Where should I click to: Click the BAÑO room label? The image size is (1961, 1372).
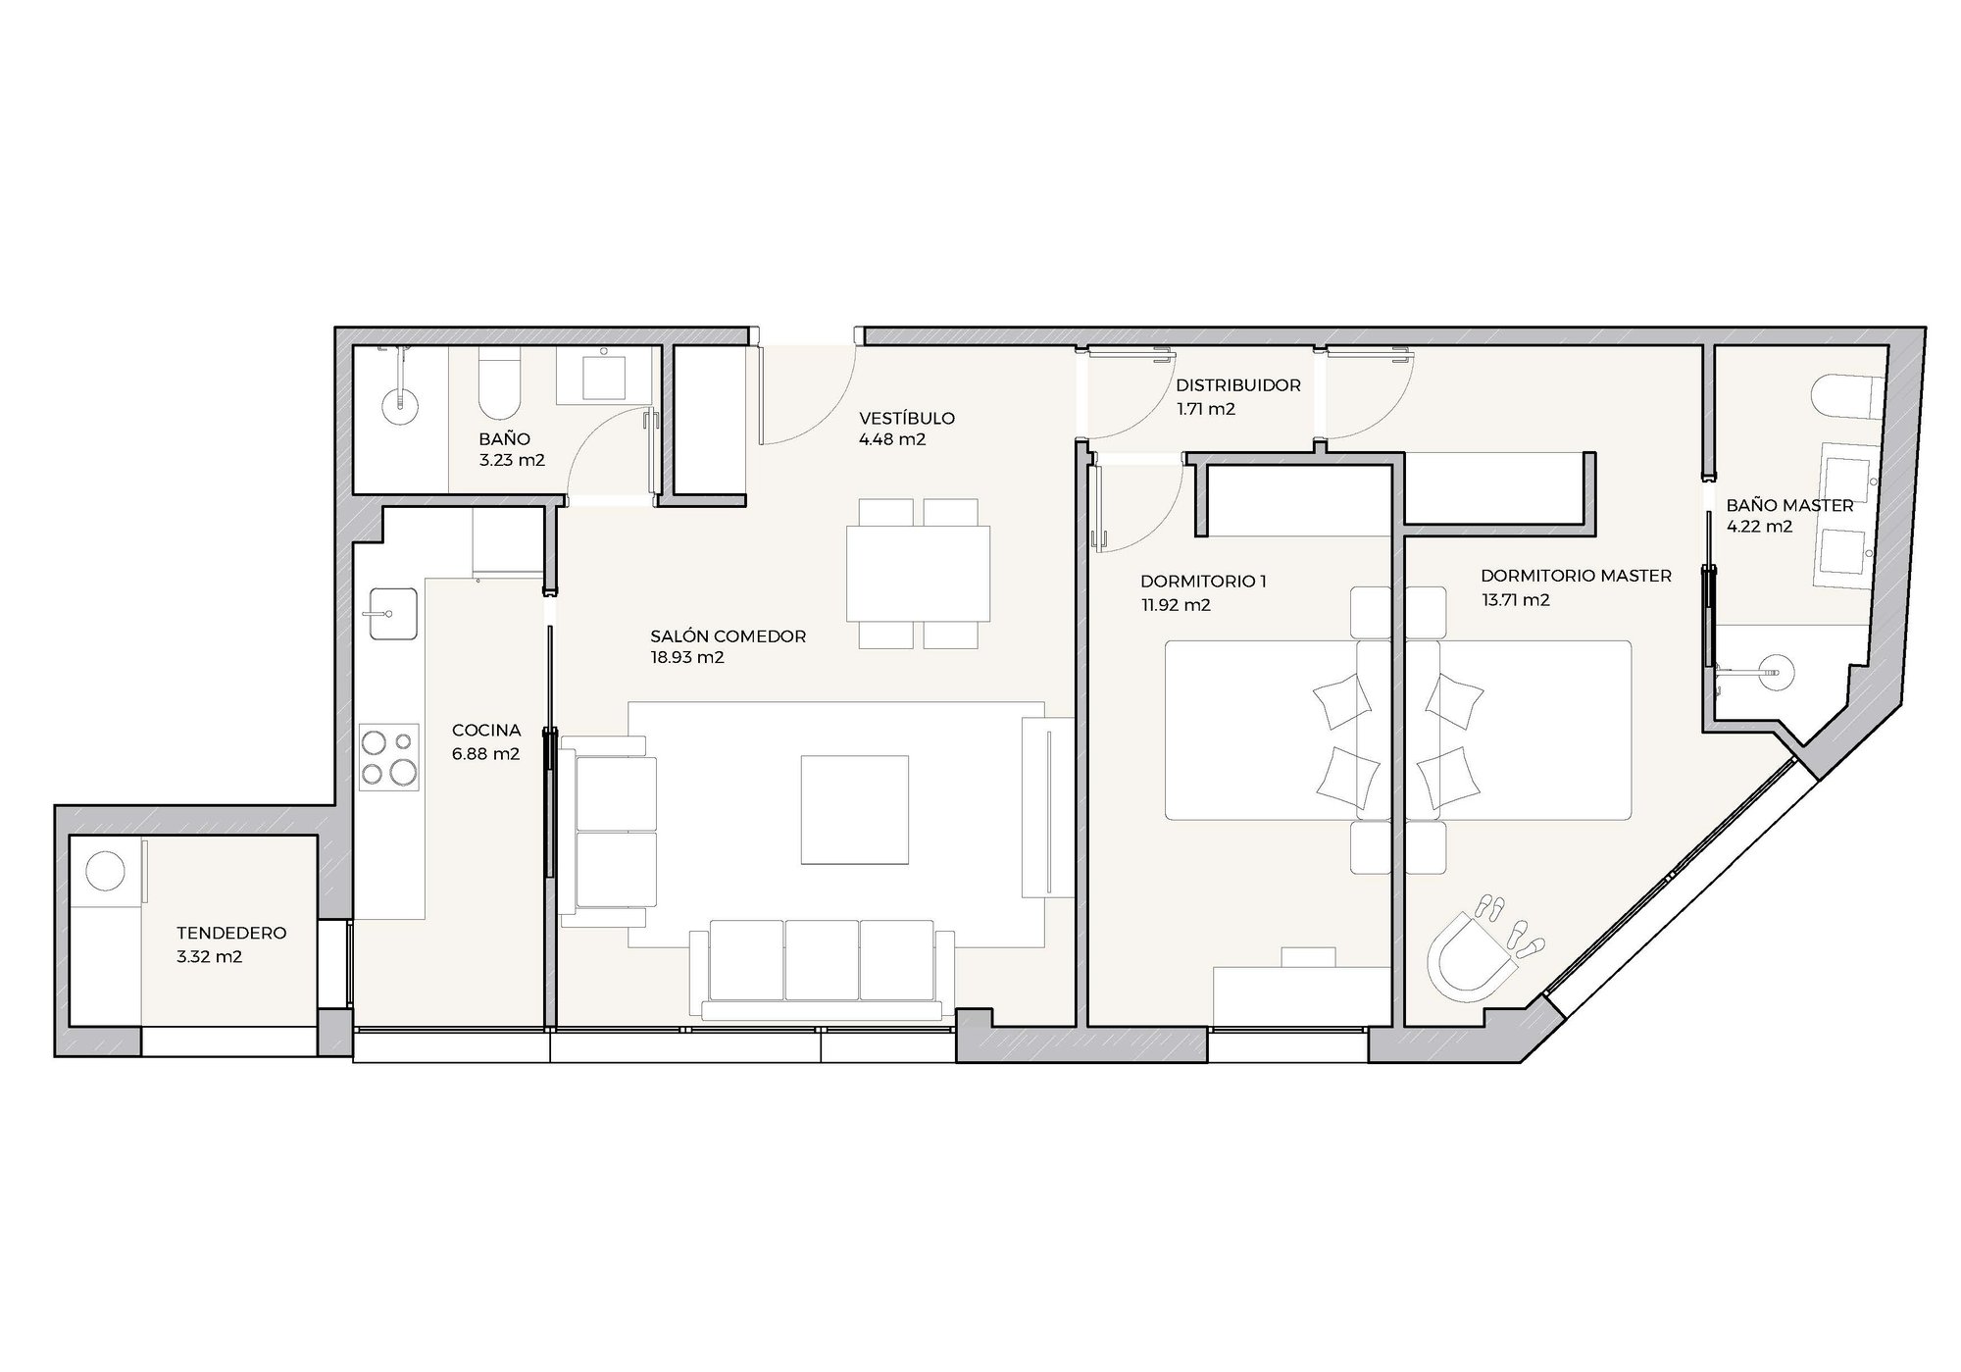tap(504, 439)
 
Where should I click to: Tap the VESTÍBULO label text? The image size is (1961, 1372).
tap(906, 418)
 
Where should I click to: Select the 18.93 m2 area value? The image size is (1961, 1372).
tap(687, 657)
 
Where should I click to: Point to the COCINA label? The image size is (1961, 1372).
tap(485, 731)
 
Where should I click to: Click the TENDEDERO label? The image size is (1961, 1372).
tap(231, 933)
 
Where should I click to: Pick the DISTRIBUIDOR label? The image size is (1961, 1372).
tap(1238, 385)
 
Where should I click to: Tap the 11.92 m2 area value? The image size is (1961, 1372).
tap(1176, 605)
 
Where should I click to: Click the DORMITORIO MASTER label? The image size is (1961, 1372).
tap(1576, 576)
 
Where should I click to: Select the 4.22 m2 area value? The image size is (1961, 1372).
tap(1759, 526)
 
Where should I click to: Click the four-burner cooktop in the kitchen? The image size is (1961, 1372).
tap(389, 757)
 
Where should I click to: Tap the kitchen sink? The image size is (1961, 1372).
tap(392, 614)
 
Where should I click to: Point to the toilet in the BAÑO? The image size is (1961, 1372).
tap(500, 386)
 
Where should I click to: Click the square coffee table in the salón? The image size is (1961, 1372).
tap(854, 809)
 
